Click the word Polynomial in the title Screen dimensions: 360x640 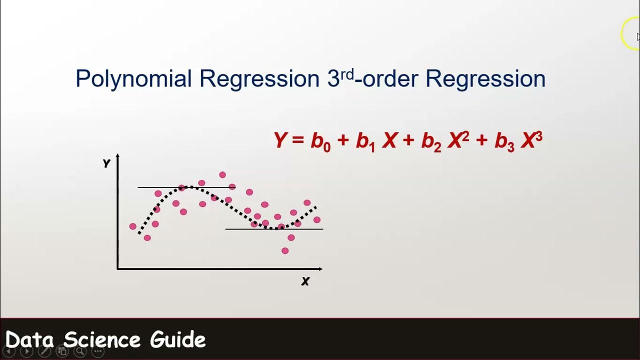(x=133, y=79)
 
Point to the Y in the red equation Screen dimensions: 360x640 (x=280, y=140)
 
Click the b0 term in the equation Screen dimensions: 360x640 (x=320, y=142)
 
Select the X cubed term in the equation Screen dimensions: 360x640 (x=531, y=140)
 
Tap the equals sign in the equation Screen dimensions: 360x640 (x=298, y=141)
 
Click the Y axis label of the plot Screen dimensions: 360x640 (x=106, y=163)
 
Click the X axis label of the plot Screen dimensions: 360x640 (x=305, y=281)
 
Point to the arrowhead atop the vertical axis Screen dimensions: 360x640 (x=117, y=156)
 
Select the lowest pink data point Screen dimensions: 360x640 (x=285, y=251)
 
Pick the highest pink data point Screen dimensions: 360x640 (x=222, y=175)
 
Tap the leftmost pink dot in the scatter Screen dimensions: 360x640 (x=132, y=226)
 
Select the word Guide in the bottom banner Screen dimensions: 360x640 (x=178, y=340)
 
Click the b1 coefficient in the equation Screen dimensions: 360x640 (x=365, y=142)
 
